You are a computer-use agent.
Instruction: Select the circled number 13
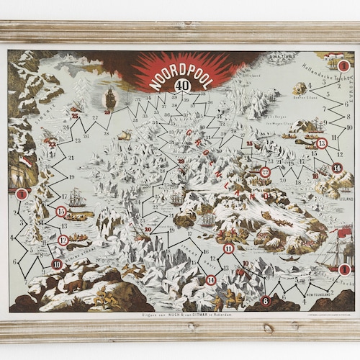point(321,143)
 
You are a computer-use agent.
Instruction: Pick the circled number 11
point(228,249)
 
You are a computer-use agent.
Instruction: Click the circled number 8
point(266,301)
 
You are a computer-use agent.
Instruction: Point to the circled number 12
point(63,240)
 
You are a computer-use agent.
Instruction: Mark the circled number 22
point(265,171)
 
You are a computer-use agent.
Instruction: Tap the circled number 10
point(57,264)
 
